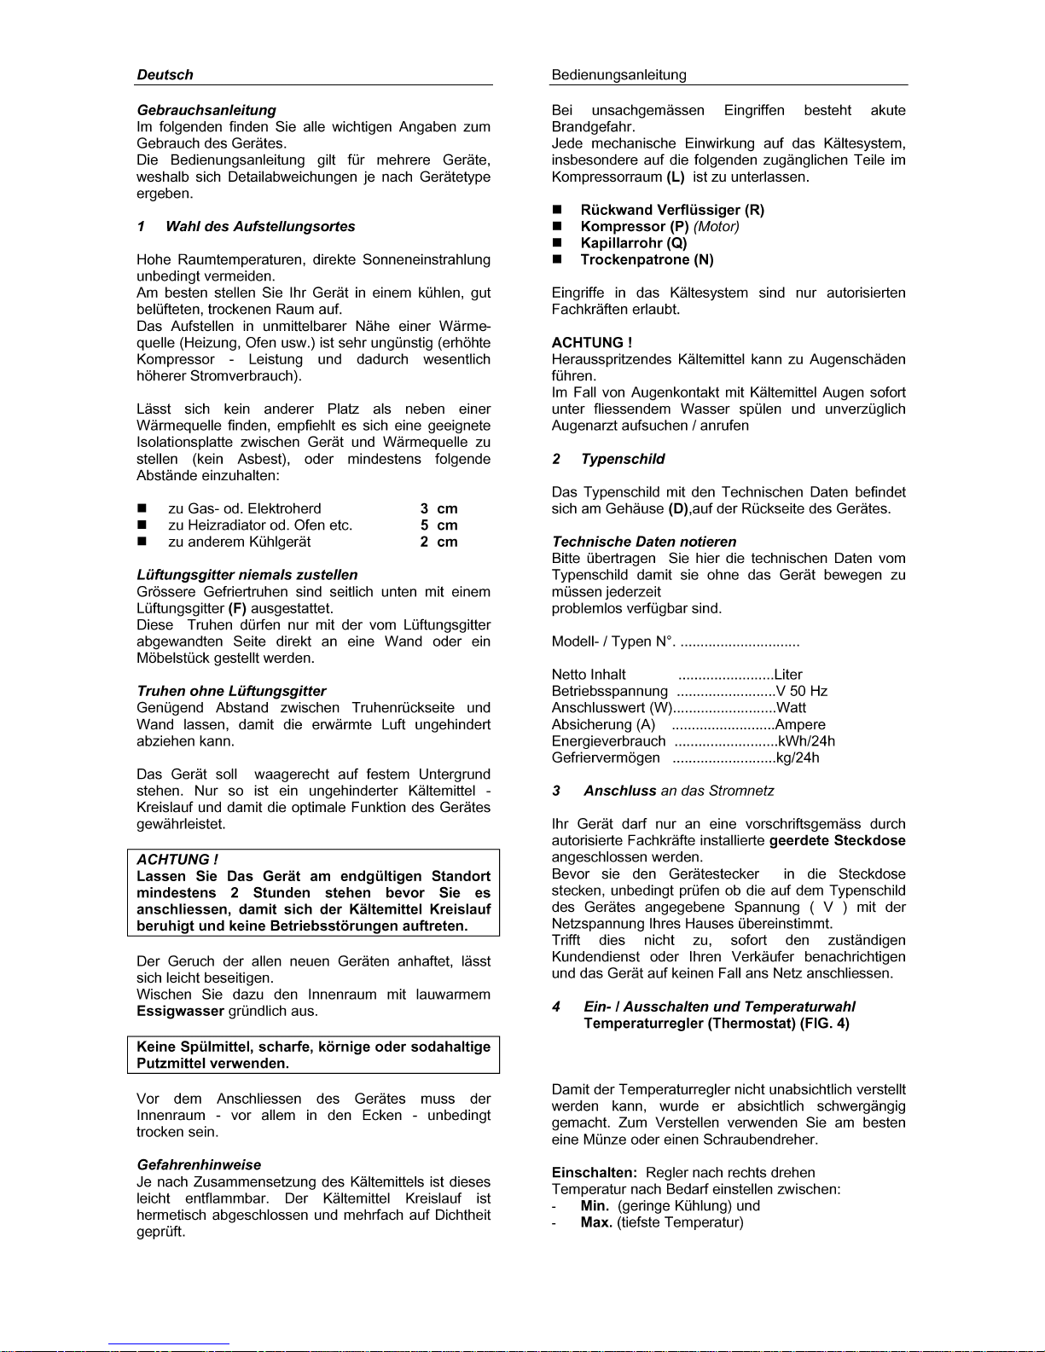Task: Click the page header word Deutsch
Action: tap(165, 75)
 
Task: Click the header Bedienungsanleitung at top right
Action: tap(618, 75)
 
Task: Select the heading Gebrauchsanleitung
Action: tap(206, 110)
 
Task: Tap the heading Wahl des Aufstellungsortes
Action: tap(260, 227)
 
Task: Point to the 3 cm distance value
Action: tap(438, 509)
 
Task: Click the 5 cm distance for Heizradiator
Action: tap(438, 525)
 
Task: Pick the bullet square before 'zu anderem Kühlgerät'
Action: tap(142, 543)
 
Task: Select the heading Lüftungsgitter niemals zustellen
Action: tap(247, 575)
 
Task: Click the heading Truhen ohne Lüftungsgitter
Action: tap(231, 692)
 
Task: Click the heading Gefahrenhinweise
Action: tap(199, 1165)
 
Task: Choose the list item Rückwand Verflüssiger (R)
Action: tap(672, 210)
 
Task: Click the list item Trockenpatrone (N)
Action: tap(647, 260)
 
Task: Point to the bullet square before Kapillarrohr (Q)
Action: tap(558, 243)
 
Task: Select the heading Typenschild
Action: tap(623, 459)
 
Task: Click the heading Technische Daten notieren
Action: tap(644, 542)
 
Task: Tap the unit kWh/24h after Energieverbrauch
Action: tap(806, 741)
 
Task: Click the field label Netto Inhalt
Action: tap(589, 675)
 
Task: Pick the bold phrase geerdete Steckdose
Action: tap(837, 841)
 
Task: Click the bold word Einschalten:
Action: tap(594, 1173)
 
